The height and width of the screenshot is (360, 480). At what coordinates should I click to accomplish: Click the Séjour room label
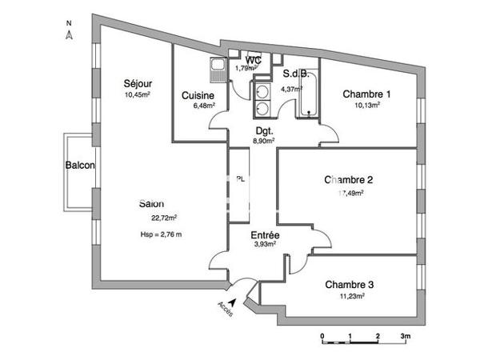[138, 83]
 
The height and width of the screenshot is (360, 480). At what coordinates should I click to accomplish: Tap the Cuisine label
[198, 95]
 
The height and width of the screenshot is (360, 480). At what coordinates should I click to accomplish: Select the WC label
[253, 60]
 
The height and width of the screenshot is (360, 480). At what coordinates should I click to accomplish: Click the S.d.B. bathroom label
[298, 74]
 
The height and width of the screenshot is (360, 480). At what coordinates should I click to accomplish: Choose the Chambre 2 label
[350, 179]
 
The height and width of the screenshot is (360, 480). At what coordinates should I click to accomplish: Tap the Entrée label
[265, 235]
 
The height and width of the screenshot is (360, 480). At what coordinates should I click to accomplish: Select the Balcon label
[80, 166]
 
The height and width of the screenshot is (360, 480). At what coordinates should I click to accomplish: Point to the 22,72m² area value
[164, 217]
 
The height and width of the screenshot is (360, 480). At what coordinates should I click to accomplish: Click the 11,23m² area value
[351, 296]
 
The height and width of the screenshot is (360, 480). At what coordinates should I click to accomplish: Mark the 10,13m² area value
[367, 104]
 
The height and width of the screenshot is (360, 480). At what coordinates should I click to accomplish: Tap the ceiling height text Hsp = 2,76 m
[161, 234]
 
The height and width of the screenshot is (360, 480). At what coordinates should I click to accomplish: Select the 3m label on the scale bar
[406, 335]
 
